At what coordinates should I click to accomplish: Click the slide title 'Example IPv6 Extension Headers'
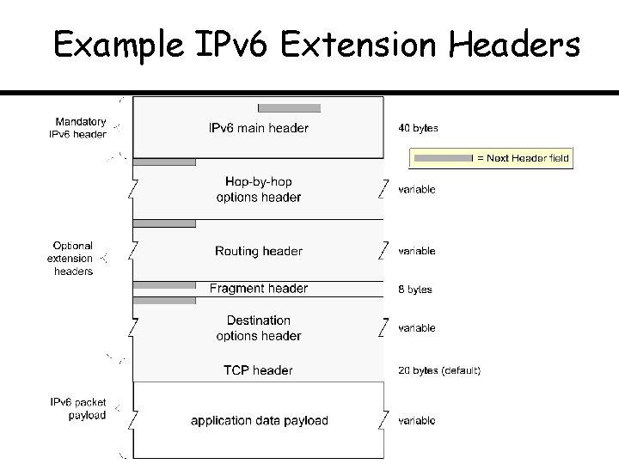coord(316,45)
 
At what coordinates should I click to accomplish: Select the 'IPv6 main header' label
coord(258,129)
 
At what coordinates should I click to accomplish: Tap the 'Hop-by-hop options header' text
coord(258,190)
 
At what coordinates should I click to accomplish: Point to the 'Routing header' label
coord(258,251)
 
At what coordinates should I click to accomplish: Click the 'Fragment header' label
coord(258,289)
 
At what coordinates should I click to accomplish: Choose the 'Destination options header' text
coord(258,328)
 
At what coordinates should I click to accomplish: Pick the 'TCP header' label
coord(258,370)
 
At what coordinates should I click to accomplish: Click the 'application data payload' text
coord(259,420)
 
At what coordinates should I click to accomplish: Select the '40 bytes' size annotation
coord(418,129)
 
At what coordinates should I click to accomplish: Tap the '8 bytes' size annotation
coord(415,290)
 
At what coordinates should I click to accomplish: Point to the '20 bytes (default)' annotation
coord(439,370)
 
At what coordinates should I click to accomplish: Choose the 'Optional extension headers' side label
coord(70,258)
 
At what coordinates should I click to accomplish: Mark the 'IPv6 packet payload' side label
coord(77,409)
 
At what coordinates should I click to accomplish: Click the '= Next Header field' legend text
coord(523,158)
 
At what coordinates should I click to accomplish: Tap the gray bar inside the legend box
coord(442,158)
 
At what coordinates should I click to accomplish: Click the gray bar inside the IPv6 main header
coord(289,108)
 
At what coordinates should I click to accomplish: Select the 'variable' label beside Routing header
coord(417,251)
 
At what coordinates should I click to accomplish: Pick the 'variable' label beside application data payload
coord(417,420)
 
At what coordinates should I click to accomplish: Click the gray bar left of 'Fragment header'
coord(164,284)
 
